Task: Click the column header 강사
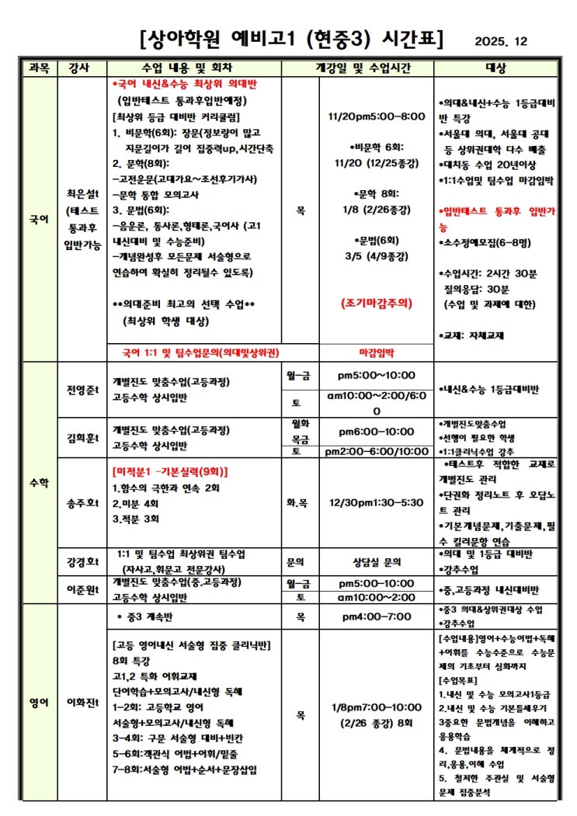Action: point(78,68)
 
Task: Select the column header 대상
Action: point(495,68)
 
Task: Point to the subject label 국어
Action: point(38,220)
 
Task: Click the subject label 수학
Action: point(38,482)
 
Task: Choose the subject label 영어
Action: point(38,703)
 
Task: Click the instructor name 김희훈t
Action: point(82,439)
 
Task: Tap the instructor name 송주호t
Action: point(82,502)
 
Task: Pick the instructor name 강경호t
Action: point(82,561)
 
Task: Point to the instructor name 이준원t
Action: point(82,589)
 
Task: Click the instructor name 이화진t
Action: point(82,703)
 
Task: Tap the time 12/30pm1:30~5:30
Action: point(377,502)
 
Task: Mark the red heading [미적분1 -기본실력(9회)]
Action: point(170,471)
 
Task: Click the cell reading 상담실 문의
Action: point(377,561)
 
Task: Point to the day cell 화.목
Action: point(300,502)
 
